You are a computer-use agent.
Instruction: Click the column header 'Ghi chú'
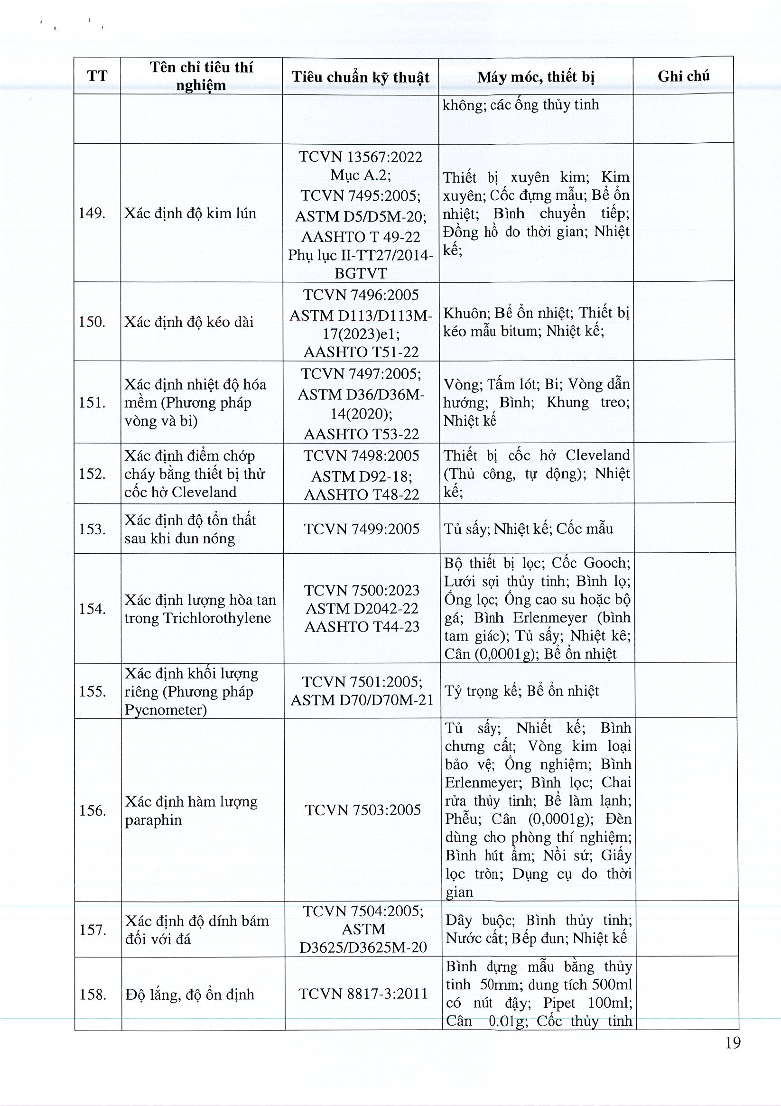click(683, 76)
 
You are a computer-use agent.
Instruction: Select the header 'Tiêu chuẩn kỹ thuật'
click(361, 77)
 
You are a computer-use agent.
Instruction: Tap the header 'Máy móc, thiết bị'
click(536, 77)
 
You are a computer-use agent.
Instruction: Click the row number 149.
click(92, 213)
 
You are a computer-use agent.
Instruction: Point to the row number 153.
click(92, 529)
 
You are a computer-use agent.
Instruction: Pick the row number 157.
click(93, 929)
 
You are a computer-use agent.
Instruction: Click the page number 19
click(732, 1056)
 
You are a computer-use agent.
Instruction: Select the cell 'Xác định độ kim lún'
click(190, 213)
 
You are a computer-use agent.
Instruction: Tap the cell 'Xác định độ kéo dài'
click(189, 321)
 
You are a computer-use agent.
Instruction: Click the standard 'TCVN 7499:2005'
click(362, 529)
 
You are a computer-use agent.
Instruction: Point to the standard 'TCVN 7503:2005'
click(363, 810)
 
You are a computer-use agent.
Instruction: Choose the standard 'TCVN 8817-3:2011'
click(363, 994)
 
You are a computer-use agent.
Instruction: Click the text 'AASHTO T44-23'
click(363, 627)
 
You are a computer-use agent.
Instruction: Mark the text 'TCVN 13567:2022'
click(361, 157)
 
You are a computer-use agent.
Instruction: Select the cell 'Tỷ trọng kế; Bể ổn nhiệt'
click(522, 691)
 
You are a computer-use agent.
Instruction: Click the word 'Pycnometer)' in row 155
click(166, 709)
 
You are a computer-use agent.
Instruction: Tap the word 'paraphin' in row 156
click(153, 820)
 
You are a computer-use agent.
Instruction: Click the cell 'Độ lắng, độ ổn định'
click(190, 994)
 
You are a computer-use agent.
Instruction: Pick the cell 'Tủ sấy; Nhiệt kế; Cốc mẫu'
click(529, 529)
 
